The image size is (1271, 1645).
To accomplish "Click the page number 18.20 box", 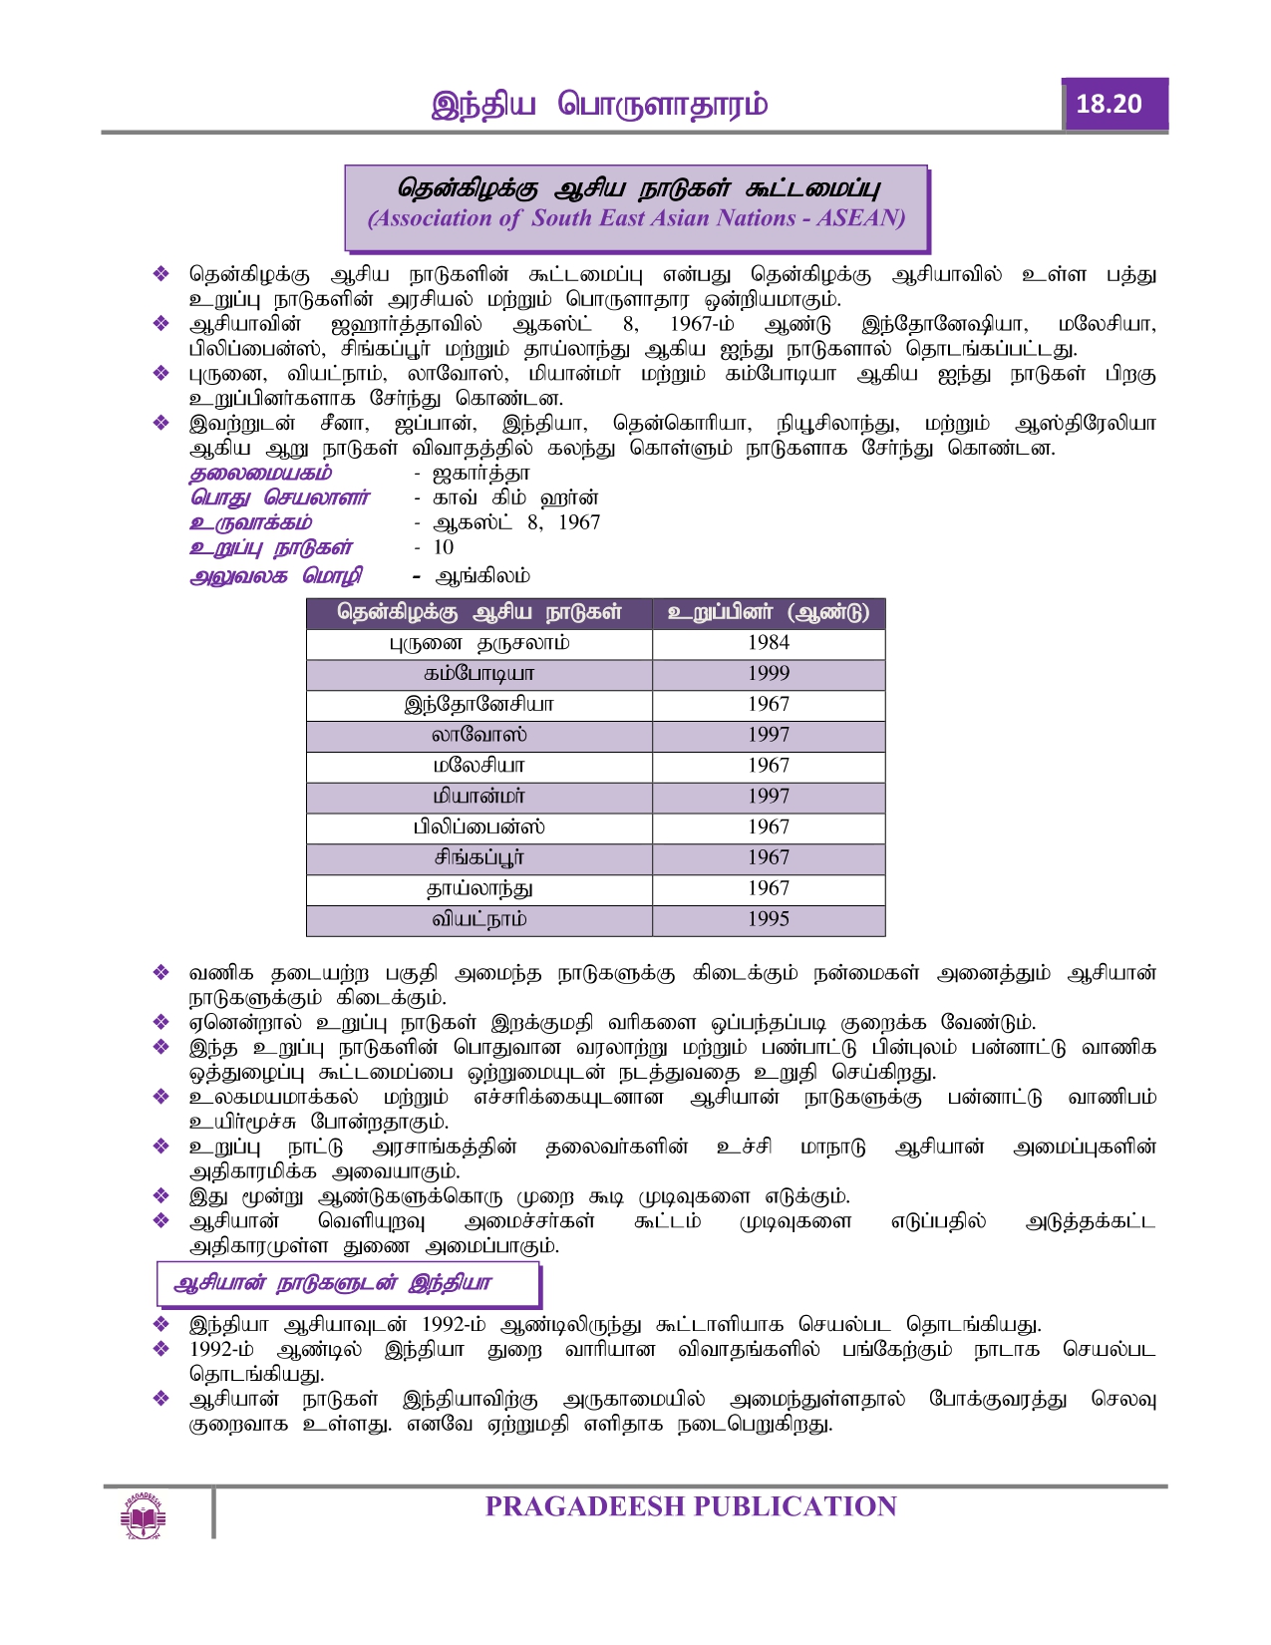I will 1113,104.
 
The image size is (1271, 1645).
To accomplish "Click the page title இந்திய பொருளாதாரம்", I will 599,105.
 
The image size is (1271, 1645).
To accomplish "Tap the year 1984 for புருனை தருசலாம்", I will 768,643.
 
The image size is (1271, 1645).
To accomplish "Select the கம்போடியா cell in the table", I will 478,674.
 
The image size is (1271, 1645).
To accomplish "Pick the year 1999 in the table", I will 768,674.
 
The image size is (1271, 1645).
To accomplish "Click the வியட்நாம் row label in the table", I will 478,919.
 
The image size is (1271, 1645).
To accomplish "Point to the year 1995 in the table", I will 768,919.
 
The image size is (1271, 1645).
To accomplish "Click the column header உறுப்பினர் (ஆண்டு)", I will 768,612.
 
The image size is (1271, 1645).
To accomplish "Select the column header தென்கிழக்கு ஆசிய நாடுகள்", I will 478,612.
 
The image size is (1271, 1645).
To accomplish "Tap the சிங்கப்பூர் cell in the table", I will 478,857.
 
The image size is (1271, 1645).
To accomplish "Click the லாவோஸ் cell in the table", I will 478,735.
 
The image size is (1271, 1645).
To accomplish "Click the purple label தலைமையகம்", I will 260,474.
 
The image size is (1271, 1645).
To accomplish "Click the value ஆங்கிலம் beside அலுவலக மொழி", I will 482,576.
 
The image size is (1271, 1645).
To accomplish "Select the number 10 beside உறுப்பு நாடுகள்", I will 443,547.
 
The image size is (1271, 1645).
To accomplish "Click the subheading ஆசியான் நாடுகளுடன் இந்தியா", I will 332,1283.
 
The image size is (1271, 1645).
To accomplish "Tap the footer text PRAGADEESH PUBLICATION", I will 690,1506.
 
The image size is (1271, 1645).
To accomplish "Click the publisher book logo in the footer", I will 143,1515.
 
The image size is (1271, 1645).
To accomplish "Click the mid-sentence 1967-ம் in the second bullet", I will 702,324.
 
